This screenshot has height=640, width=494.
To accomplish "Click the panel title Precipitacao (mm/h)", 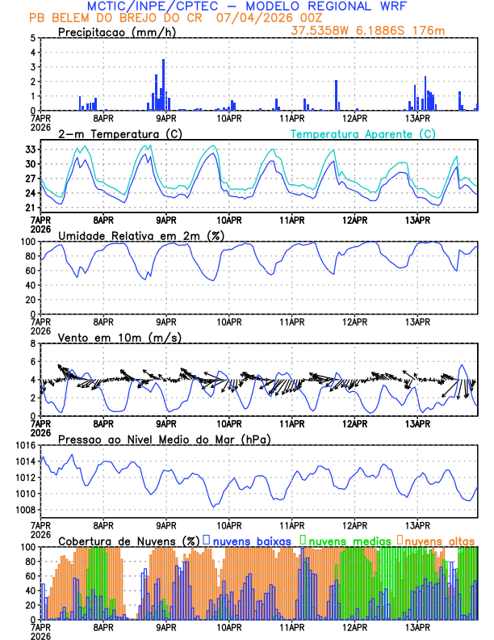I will [117, 32].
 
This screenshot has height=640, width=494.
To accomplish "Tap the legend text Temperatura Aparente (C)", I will [363, 133].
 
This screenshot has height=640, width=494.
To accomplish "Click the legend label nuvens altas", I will [440, 540].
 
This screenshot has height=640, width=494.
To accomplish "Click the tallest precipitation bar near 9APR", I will [163, 84].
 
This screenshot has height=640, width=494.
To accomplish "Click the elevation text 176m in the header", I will [429, 31].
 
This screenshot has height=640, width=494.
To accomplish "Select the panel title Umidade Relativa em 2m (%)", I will [140, 235].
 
